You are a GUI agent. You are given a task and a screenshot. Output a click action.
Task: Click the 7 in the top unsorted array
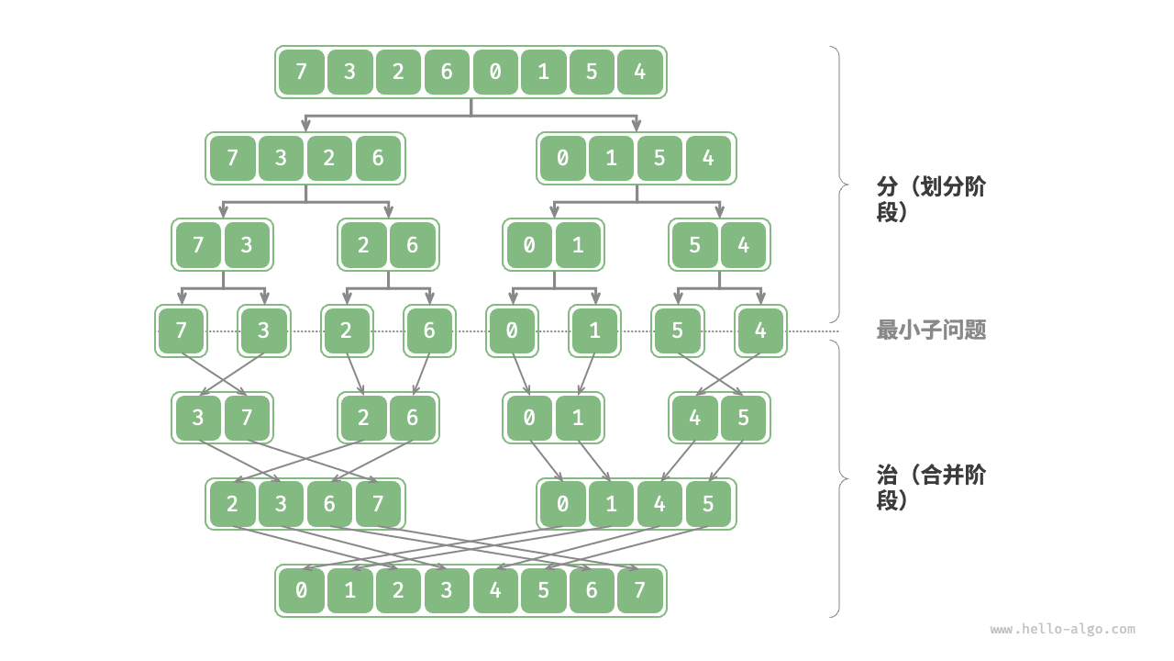(302, 72)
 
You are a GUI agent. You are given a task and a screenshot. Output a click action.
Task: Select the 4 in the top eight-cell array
(640, 72)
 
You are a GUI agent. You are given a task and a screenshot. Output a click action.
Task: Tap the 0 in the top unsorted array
(495, 72)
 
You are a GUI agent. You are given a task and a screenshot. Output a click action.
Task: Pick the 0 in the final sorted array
(302, 590)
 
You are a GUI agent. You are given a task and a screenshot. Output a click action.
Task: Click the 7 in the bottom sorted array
(640, 590)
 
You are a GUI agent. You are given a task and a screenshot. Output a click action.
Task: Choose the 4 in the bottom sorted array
(495, 590)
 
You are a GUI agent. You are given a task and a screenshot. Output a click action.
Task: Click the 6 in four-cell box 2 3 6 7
(329, 504)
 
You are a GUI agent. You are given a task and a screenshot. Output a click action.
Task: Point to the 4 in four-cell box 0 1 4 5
(659, 504)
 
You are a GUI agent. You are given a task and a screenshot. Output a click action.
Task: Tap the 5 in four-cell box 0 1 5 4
(659, 158)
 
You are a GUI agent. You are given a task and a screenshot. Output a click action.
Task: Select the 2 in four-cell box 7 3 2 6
(329, 158)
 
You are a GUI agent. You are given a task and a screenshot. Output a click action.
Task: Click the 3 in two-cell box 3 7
(198, 418)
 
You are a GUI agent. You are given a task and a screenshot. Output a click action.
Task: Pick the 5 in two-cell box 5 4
(695, 245)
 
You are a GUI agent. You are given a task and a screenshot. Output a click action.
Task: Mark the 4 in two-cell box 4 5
(695, 418)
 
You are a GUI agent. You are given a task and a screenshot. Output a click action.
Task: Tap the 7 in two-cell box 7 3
(198, 245)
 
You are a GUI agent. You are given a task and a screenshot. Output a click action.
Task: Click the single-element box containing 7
(181, 330)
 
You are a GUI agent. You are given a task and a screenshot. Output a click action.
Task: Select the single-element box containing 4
(760, 330)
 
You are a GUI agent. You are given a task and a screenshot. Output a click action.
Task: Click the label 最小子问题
(931, 330)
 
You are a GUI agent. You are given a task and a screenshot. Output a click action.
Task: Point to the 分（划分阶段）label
(931, 199)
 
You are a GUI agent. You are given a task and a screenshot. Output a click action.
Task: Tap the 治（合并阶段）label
(931, 487)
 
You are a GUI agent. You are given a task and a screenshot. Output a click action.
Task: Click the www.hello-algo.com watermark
(1062, 630)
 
